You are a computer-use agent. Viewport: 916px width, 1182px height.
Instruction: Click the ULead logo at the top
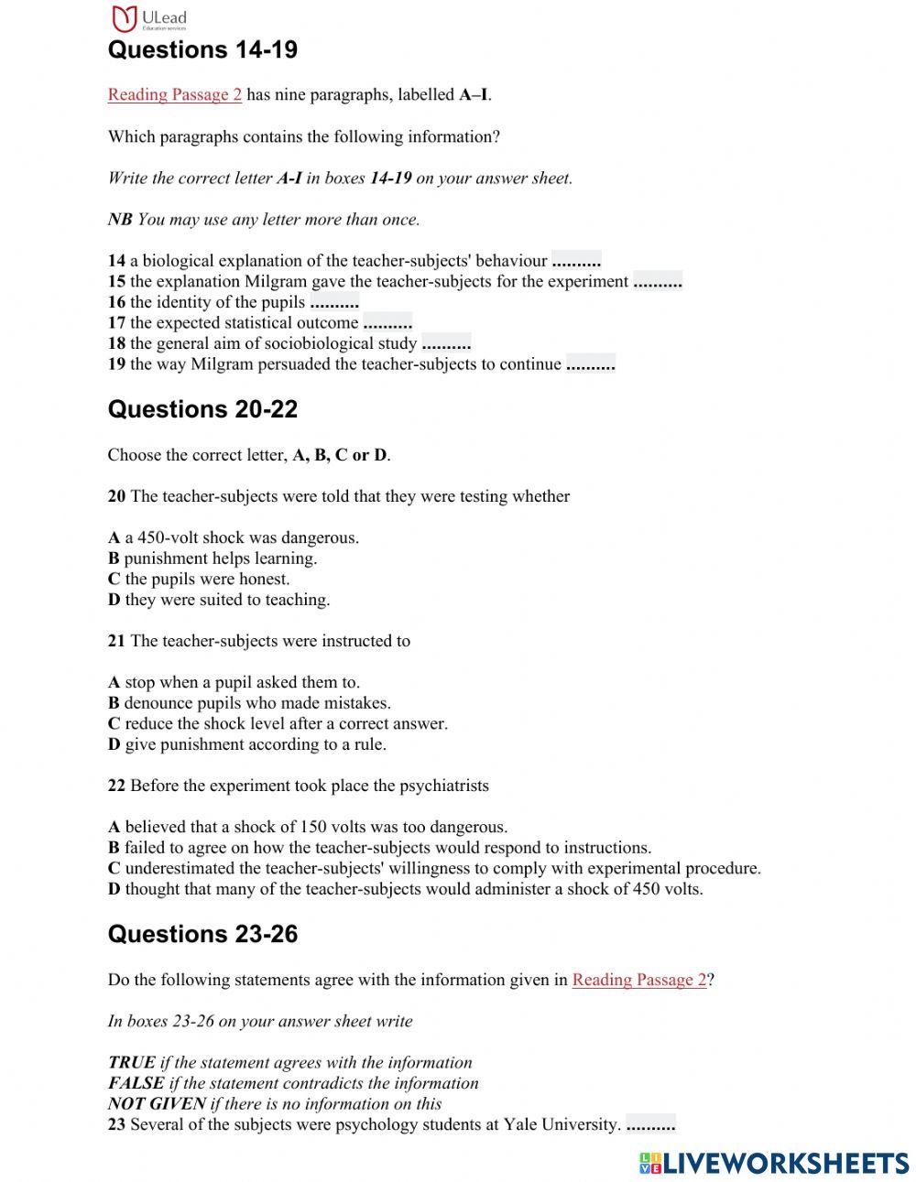147,18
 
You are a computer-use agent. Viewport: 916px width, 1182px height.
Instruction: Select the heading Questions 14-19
202,50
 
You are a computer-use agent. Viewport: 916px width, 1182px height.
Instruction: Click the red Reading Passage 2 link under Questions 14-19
174,95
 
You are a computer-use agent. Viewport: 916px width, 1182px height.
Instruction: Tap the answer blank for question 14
576,261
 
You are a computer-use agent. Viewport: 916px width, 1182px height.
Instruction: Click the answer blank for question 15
658,282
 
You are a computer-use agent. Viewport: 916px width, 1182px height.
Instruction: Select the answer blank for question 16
334,302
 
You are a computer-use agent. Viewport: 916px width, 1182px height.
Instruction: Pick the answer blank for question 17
387,323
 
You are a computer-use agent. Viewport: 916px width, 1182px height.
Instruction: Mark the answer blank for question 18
446,344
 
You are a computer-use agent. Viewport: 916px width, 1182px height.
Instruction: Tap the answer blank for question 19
591,364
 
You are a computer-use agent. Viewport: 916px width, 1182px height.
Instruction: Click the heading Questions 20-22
202,410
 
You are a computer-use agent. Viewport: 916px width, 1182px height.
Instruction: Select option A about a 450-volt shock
234,538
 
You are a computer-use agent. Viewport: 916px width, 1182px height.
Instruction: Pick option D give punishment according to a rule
247,744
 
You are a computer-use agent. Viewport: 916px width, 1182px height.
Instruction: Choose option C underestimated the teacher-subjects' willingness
434,868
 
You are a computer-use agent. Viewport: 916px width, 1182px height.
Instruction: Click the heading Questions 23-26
202,935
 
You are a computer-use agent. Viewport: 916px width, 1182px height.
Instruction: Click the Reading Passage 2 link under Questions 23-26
639,981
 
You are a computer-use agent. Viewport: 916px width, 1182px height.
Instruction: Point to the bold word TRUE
131,1063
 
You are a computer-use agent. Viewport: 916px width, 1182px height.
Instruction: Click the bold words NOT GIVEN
157,1104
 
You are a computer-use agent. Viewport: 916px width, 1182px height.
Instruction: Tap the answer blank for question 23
650,1125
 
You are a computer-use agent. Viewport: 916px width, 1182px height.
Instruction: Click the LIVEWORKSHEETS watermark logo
774,1163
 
